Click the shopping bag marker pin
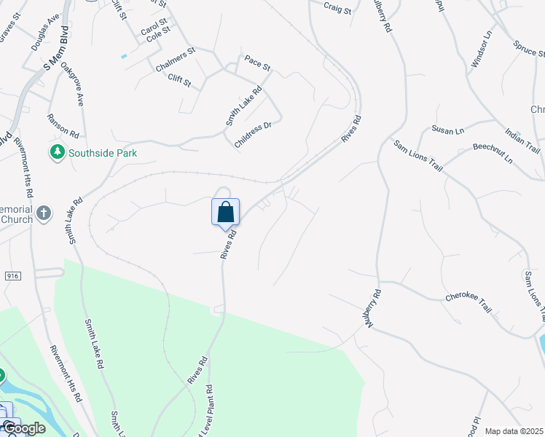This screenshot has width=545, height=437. (226, 212)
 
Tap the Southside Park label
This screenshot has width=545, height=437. (103, 153)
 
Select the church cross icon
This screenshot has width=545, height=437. (44, 213)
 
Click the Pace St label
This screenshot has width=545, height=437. (257, 63)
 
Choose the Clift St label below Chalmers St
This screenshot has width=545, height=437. (179, 80)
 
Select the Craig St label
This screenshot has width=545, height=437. (337, 9)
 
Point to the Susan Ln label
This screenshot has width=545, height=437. (447, 130)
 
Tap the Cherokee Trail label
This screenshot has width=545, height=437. (468, 302)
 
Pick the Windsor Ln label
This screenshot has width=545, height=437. (482, 50)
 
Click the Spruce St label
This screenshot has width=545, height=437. (529, 49)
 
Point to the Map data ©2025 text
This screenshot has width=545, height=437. (514, 431)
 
